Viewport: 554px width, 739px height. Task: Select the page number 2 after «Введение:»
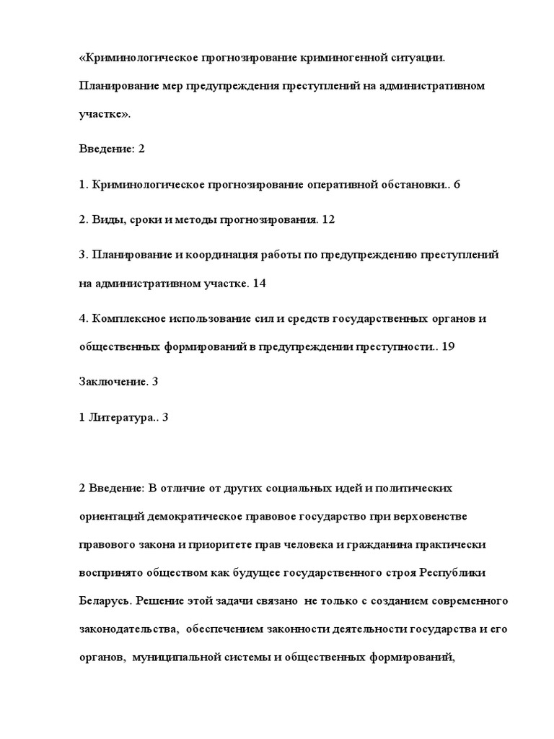(x=141, y=149)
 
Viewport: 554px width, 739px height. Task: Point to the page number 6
(x=456, y=184)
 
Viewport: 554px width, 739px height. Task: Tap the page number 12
(x=328, y=219)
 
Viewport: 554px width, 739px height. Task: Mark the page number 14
(x=260, y=284)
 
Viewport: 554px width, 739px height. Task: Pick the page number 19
(x=447, y=347)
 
